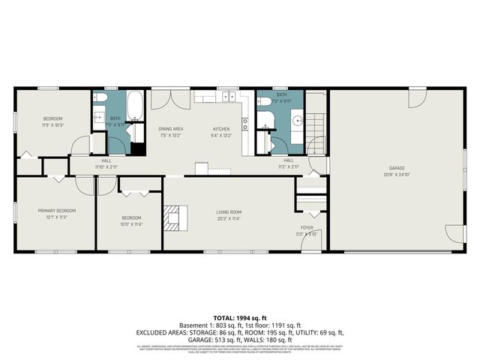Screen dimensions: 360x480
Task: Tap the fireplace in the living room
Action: pos(173,216)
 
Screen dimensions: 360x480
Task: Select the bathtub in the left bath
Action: pos(136,106)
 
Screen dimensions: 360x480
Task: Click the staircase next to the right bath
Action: pos(316,123)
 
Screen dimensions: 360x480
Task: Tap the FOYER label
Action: pos(307,228)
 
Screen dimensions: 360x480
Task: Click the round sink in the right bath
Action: pos(297,119)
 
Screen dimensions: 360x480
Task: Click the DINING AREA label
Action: pos(171,129)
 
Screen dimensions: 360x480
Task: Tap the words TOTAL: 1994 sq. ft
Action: pos(239,319)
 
